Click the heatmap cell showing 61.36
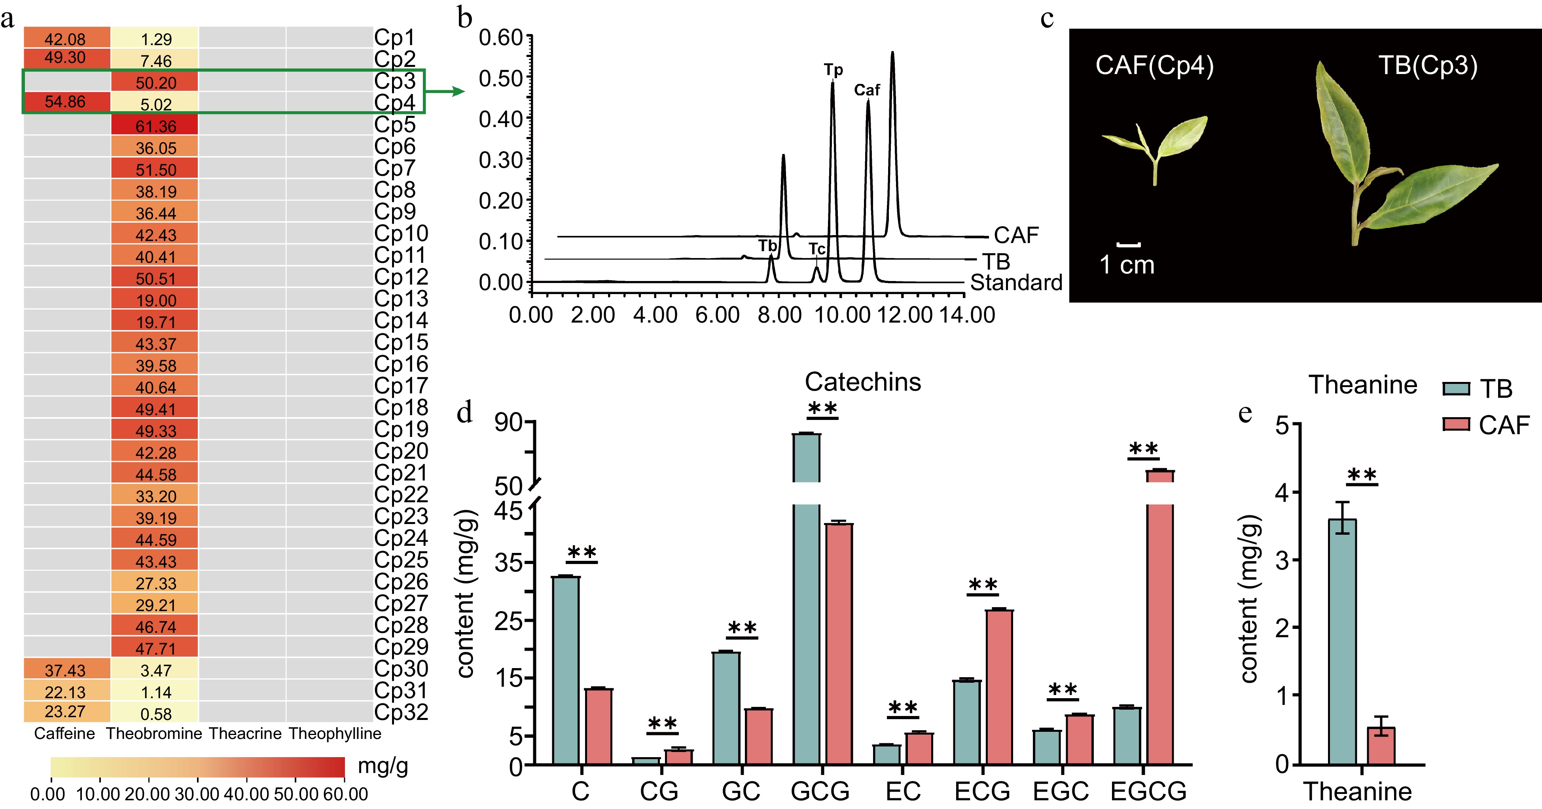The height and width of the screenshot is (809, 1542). (x=155, y=126)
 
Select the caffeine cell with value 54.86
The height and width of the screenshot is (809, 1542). (x=65, y=102)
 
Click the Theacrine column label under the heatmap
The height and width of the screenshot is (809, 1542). (x=245, y=733)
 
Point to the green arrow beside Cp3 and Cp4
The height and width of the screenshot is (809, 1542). (x=445, y=91)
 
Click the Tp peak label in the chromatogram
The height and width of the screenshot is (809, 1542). (x=833, y=70)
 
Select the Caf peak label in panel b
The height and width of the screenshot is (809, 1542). (x=866, y=90)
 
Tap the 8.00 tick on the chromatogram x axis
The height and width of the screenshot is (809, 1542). (x=779, y=315)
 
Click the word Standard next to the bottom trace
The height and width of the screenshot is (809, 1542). (x=1016, y=282)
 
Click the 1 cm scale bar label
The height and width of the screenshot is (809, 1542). (x=1127, y=265)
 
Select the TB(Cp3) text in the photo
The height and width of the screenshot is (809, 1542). (x=1428, y=65)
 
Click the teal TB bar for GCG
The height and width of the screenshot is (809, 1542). (x=806, y=599)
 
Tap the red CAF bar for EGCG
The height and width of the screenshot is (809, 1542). (x=1159, y=617)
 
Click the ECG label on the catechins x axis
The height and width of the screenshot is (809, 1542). (x=982, y=791)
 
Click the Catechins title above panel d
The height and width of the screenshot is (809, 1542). (x=863, y=382)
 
